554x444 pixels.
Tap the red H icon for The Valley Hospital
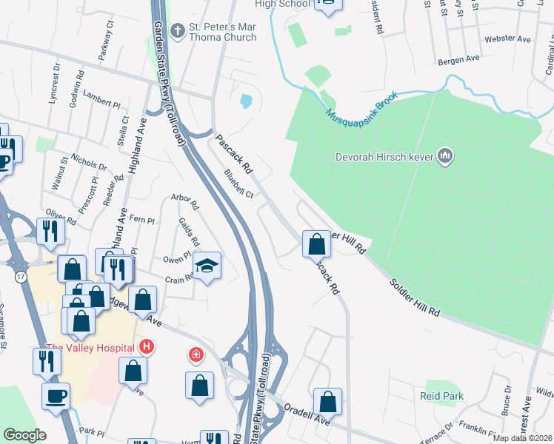point(147,346)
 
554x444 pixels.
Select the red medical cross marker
point(196,356)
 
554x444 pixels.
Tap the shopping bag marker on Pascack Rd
point(316,243)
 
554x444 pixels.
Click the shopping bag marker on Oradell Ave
point(327,402)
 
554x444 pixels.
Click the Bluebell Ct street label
point(238,184)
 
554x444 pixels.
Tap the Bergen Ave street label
point(458,58)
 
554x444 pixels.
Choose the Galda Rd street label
point(189,232)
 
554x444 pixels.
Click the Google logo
point(25,435)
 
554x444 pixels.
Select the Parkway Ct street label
point(105,41)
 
